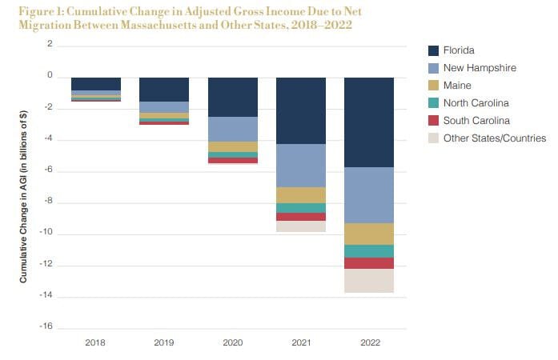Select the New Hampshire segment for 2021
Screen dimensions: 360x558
[300, 166]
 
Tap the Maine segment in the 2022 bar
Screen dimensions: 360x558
[369, 234]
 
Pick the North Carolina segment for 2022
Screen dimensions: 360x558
[369, 251]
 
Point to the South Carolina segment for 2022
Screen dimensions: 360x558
[369, 263]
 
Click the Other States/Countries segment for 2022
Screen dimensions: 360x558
[369, 281]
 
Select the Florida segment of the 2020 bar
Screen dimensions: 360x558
[232, 97]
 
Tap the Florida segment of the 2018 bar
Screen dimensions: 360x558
[95, 84]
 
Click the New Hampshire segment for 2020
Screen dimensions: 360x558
[232, 129]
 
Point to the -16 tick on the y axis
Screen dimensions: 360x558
[48, 327]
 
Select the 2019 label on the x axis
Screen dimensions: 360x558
[163, 342]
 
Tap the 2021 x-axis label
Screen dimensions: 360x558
[300, 342]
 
